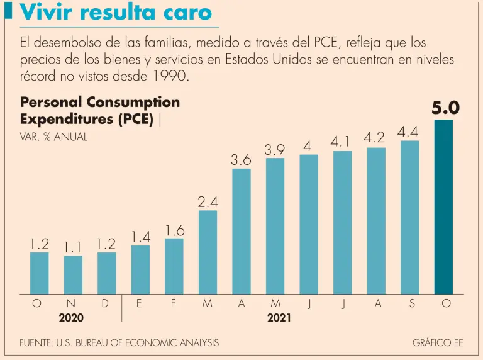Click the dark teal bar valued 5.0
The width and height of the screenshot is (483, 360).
click(x=443, y=206)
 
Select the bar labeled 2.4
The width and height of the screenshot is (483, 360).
click(x=208, y=252)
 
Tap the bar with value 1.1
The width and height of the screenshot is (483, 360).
click(x=73, y=274)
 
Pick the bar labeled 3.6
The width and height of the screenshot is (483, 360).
click(x=241, y=231)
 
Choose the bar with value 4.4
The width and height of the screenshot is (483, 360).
click(x=409, y=217)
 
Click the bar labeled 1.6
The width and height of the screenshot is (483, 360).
click(x=174, y=266)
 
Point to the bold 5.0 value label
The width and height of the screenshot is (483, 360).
click(x=445, y=108)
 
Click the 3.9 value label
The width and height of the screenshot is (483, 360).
click(x=275, y=150)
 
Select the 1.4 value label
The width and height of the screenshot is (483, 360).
click(x=140, y=237)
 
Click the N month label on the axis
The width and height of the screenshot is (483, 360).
click(x=71, y=304)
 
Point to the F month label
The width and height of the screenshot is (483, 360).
click(x=173, y=304)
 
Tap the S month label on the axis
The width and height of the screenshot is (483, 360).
click(x=412, y=304)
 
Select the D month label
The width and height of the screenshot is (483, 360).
click(x=105, y=304)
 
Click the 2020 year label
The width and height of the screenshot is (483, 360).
click(x=71, y=318)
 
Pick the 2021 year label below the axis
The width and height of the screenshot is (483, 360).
click(x=279, y=318)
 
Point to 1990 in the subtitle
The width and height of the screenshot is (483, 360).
click(x=169, y=76)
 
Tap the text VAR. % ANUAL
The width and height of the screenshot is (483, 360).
click(x=54, y=137)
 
